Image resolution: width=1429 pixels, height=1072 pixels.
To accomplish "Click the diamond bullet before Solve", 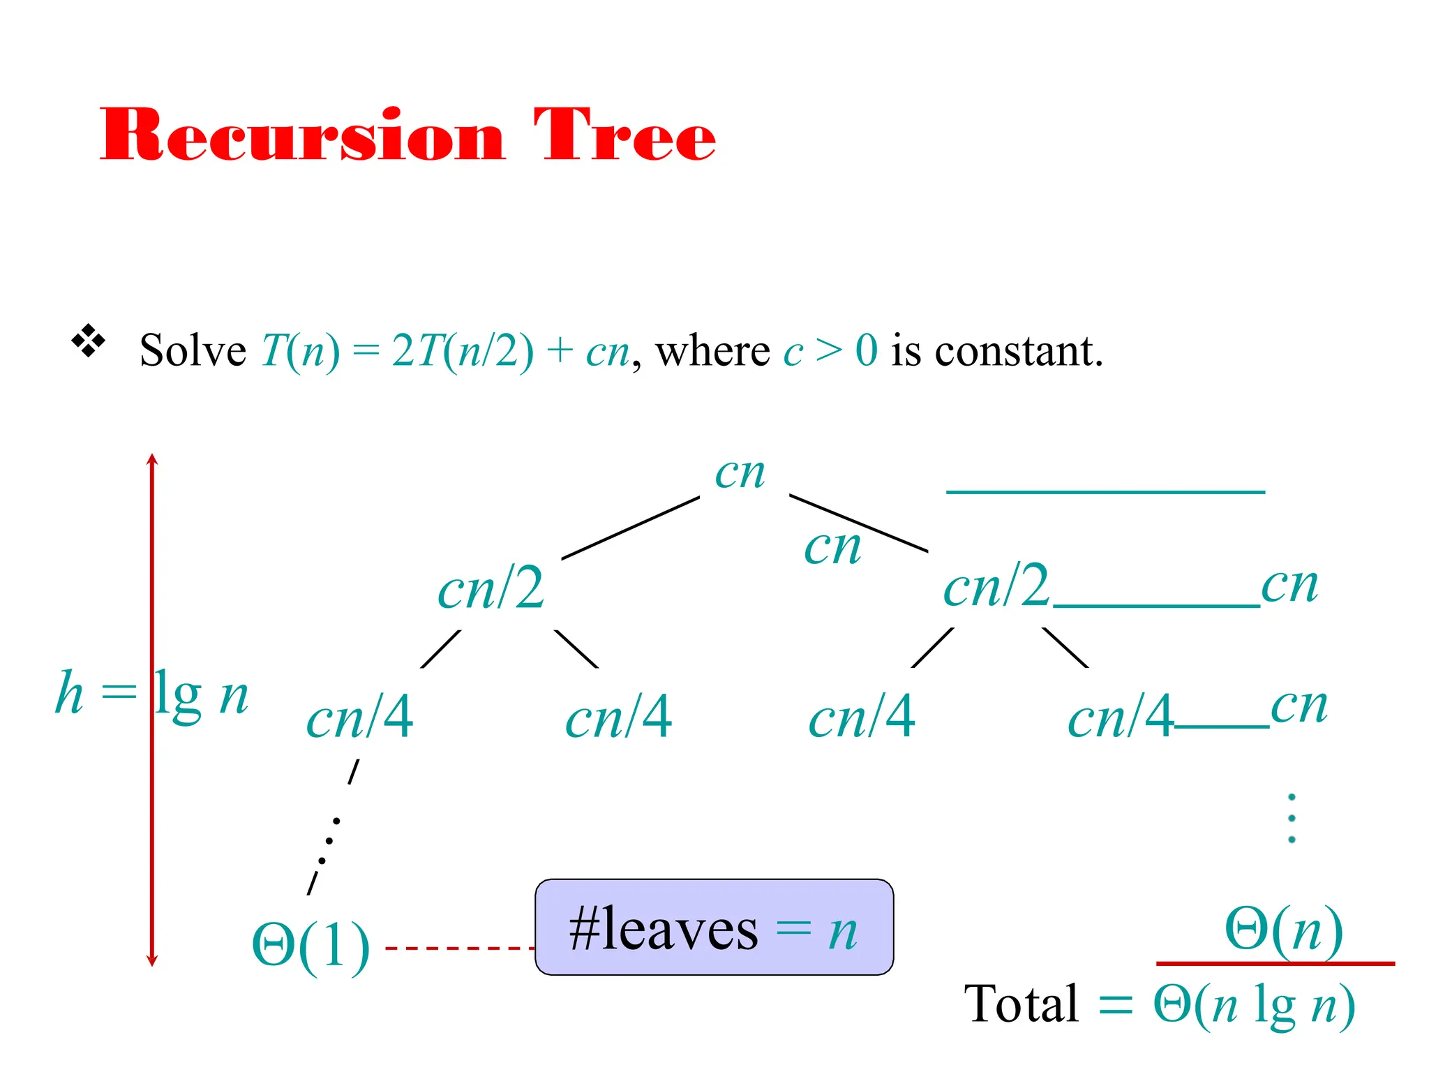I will (x=89, y=341).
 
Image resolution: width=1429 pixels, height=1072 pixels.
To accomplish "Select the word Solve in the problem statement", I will (x=193, y=350).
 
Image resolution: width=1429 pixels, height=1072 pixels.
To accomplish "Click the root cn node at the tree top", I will (x=740, y=474).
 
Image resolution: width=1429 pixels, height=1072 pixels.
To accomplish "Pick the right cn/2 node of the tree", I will (x=996, y=586).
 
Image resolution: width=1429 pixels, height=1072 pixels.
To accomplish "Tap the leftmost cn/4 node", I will (x=359, y=717).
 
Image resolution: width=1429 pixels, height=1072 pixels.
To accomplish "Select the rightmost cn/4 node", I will (x=1120, y=717).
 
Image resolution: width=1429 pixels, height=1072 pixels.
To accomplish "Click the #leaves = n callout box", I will (x=714, y=928).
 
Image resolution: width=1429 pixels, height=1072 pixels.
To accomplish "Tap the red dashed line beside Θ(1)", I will (x=460, y=948).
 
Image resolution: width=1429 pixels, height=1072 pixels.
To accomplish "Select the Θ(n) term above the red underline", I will (x=1283, y=930).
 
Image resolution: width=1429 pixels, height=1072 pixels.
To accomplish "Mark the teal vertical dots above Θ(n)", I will (x=1292, y=818).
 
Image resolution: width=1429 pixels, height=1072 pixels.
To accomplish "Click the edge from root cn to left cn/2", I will (x=630, y=528).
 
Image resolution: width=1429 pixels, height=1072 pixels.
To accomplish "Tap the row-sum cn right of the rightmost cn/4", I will (x=1299, y=706).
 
